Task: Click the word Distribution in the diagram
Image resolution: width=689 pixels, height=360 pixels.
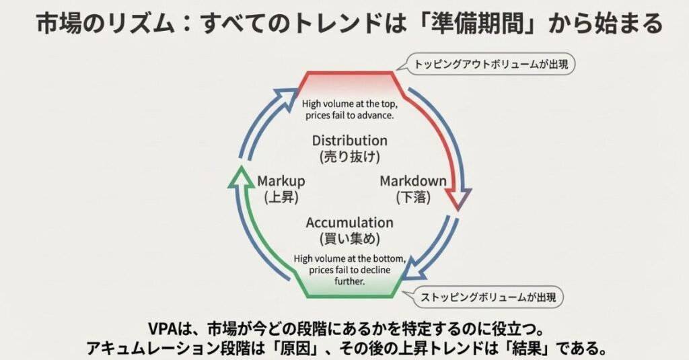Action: pyautogui.click(x=349, y=141)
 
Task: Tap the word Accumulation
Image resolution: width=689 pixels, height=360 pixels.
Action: pyautogui.click(x=349, y=222)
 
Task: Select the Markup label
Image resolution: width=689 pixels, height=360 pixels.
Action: pyautogui.click(x=281, y=181)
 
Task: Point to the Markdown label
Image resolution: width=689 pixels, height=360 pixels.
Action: pyautogui.click(x=413, y=181)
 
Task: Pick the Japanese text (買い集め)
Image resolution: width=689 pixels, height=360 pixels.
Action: pyautogui.click(x=349, y=238)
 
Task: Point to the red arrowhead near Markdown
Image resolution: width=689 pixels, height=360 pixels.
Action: pyautogui.click(x=460, y=199)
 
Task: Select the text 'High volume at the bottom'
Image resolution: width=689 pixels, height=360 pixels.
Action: pyautogui.click(x=349, y=259)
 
